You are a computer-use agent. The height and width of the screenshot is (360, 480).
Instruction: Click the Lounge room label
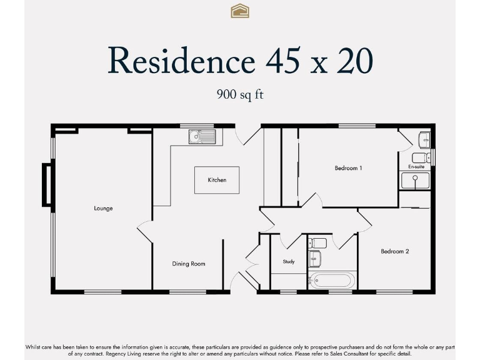point(103,208)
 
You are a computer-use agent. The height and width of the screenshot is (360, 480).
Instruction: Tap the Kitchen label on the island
point(217,180)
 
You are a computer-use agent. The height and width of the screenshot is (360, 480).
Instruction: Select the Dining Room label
point(189,264)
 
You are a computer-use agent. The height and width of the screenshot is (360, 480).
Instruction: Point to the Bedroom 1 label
point(348,168)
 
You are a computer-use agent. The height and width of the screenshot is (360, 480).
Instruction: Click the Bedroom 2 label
point(395,251)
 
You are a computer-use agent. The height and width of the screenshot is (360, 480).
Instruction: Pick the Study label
point(288,262)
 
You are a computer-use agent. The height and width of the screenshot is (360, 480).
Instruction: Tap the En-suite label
point(416,167)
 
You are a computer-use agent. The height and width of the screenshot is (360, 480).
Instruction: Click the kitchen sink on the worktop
point(201,136)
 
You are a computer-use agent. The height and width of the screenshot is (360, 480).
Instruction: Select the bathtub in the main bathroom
point(331,281)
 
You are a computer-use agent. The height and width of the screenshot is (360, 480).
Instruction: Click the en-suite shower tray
point(415,181)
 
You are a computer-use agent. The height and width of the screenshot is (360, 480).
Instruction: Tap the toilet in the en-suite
point(419,156)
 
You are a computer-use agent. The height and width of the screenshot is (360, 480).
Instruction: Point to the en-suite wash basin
point(424,138)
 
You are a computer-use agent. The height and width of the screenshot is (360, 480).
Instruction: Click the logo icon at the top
point(240,11)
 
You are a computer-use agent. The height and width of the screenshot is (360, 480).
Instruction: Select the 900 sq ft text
point(240,95)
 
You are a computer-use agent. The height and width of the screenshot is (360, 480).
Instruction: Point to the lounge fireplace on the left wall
point(46,184)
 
